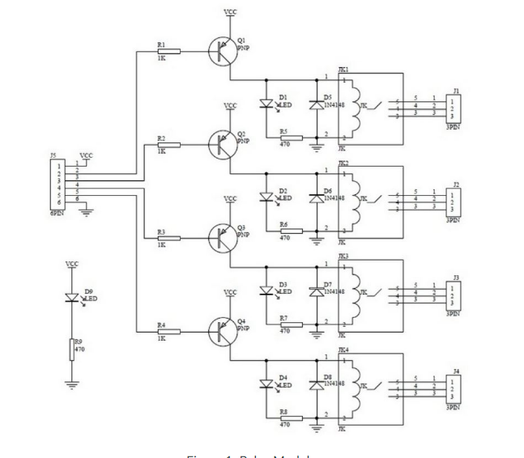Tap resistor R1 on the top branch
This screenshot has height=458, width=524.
pyautogui.click(x=168, y=51)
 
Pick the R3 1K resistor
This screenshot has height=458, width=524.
pyautogui.click(x=168, y=238)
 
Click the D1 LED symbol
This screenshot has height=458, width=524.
pyautogui.click(x=266, y=104)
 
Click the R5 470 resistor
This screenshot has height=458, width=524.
pyautogui.click(x=289, y=138)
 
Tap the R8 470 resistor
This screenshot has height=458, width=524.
pyautogui.click(x=289, y=418)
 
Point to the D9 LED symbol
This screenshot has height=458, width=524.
pyautogui.click(x=72, y=298)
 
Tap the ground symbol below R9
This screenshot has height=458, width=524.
pyautogui.click(x=72, y=384)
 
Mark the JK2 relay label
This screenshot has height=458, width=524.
pyautogui.click(x=343, y=163)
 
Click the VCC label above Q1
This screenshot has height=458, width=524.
pyautogui.click(x=230, y=13)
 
